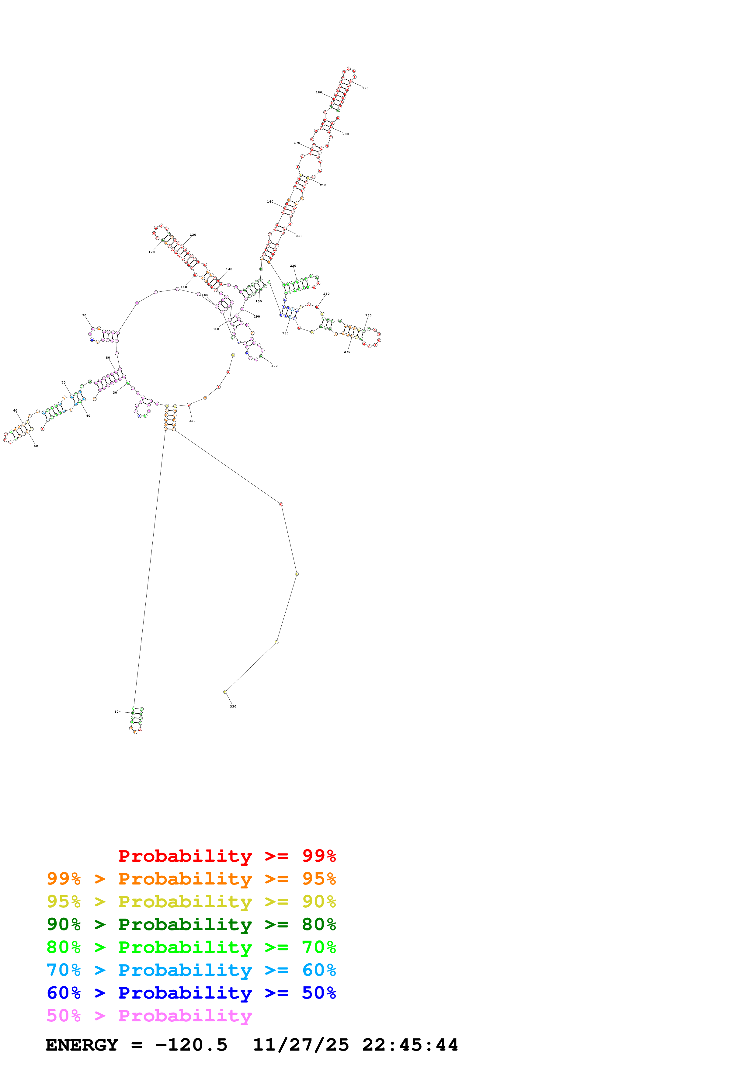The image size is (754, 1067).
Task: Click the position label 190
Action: point(365,88)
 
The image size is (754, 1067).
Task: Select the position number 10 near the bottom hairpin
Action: point(116,711)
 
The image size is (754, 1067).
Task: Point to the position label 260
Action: point(368,315)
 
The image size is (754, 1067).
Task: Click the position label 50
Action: point(36,446)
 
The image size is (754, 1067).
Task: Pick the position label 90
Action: point(84,315)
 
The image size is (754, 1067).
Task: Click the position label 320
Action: point(192,421)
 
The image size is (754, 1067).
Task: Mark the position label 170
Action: point(297,143)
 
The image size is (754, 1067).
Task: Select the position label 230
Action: point(293,266)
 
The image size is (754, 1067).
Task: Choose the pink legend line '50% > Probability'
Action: point(149,1016)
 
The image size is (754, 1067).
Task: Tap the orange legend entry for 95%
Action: point(191,879)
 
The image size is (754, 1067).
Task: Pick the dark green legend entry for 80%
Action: point(191,924)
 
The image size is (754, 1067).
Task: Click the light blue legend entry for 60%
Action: point(191,970)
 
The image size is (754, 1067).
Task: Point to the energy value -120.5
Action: point(191,1045)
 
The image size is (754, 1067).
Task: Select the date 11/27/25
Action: point(301,1045)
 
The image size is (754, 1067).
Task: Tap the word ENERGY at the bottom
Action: point(82,1045)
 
